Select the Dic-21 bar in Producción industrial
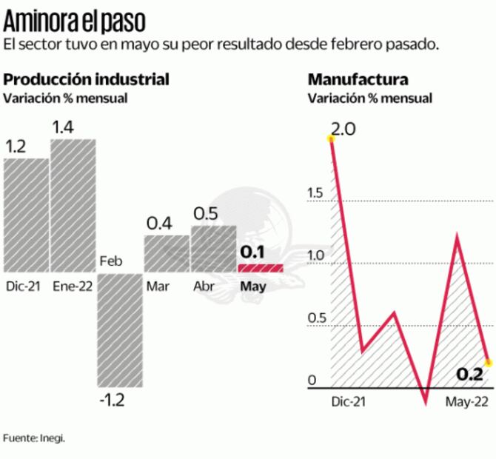pyautogui.click(x=26, y=215)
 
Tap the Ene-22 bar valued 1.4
pyautogui.click(x=73, y=206)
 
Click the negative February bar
pyautogui.click(x=119, y=329)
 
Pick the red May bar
pyautogui.click(x=261, y=267)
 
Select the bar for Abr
pyautogui.click(x=213, y=249)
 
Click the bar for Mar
pyautogui.click(x=167, y=253)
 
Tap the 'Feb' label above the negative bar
pyautogui.click(x=110, y=261)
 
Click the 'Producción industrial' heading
pyautogui.click(x=87, y=79)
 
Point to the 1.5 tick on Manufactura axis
pyautogui.click(x=315, y=193)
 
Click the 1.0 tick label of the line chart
pyautogui.click(x=315, y=255)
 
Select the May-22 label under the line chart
pyautogui.click(x=467, y=401)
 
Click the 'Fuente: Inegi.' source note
pyautogui.click(x=34, y=438)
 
